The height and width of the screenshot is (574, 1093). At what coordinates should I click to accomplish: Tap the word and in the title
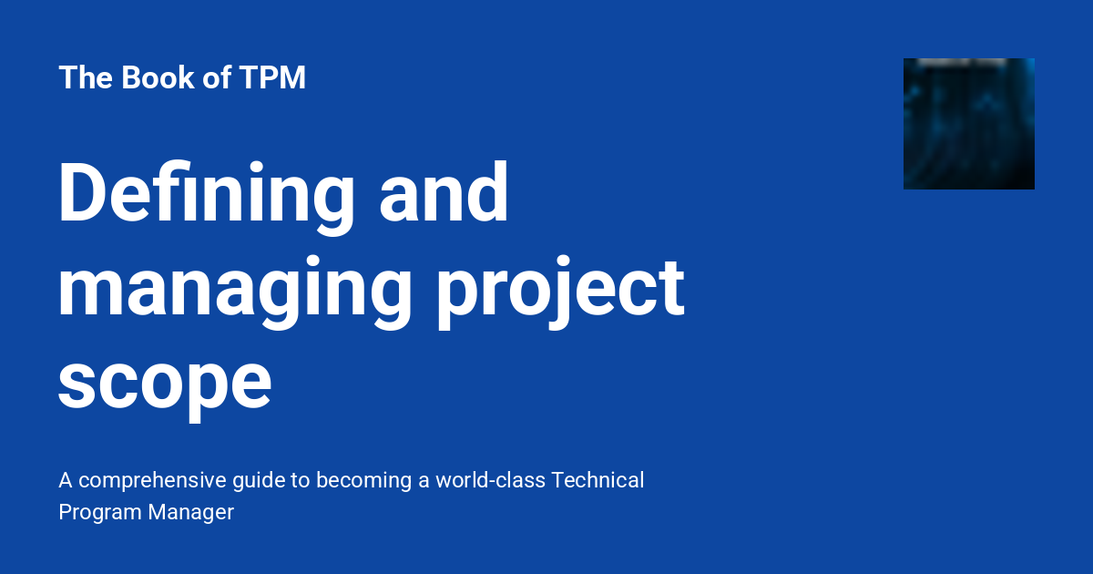tap(444, 194)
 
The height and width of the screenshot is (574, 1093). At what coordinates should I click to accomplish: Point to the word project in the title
tap(561, 287)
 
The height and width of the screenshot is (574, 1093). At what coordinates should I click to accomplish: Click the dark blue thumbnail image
tap(968, 124)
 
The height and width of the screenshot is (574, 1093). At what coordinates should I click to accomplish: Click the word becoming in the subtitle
tap(361, 480)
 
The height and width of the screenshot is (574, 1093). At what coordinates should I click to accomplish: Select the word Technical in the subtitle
tap(598, 480)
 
